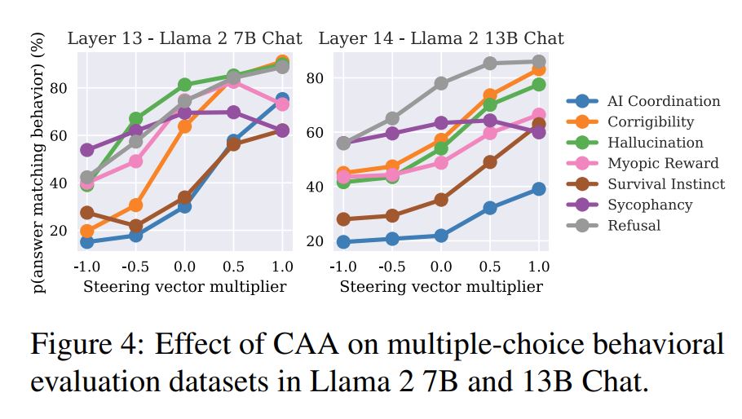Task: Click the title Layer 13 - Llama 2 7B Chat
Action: click(184, 38)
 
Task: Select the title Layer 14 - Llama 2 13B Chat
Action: click(441, 38)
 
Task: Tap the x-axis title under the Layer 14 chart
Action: click(441, 286)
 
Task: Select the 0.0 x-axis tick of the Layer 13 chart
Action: click(184, 267)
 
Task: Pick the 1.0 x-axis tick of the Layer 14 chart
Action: click(539, 267)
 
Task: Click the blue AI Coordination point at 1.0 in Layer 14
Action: click(539, 188)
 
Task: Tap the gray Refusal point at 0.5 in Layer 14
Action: click(490, 63)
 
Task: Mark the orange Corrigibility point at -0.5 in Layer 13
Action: click(135, 205)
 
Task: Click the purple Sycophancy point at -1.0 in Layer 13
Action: click(86, 150)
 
